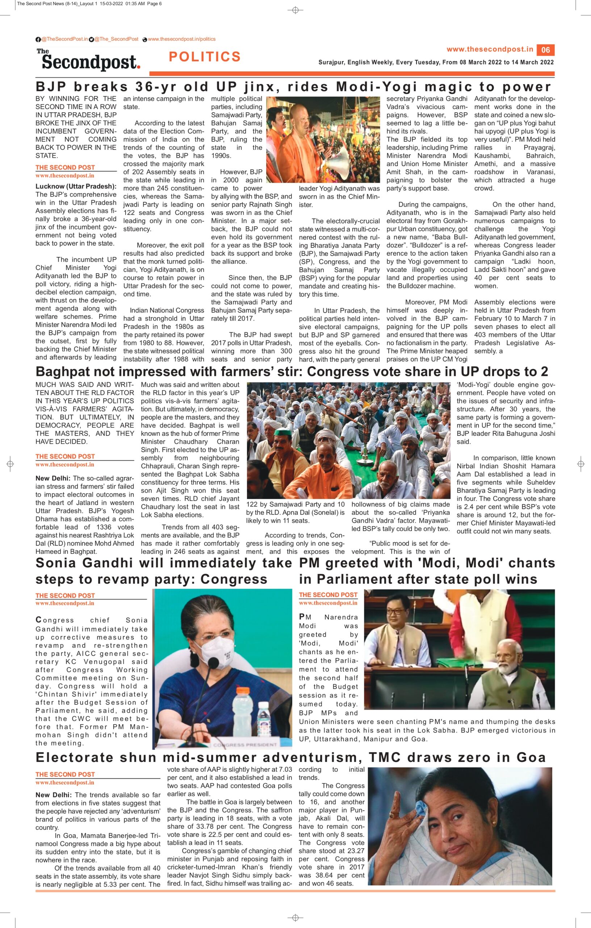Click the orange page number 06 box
pos(546,50)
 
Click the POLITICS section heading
pos(205,57)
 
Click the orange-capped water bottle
pos(242,709)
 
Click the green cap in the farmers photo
pos(284,432)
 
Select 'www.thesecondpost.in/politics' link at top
pos(181,39)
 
